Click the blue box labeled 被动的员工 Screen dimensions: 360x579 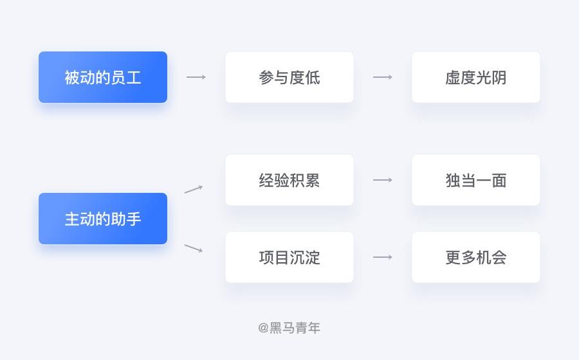pos(103,77)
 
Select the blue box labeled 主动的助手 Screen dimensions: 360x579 pos(103,219)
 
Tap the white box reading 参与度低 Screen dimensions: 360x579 pos(289,77)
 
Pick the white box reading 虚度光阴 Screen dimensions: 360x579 pos(476,77)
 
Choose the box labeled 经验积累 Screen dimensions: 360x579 pos(289,180)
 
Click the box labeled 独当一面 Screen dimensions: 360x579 pos(476,180)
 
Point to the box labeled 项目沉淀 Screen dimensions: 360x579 pos(289,257)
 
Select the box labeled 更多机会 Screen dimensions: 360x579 pos(476,257)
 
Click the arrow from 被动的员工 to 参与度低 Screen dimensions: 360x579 pos(196,77)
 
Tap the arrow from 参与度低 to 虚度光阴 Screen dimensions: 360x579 pos(383,77)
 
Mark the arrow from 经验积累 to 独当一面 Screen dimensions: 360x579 pos(383,180)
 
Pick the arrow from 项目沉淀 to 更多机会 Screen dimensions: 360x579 pos(383,257)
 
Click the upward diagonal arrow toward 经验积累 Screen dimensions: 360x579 pos(194,189)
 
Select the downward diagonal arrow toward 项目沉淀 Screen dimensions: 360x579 pos(194,248)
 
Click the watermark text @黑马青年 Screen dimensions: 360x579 pos(289,328)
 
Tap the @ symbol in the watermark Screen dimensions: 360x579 pos(263,328)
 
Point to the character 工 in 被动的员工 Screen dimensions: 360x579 pos(134,78)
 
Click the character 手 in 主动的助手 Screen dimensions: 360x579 pos(134,219)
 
